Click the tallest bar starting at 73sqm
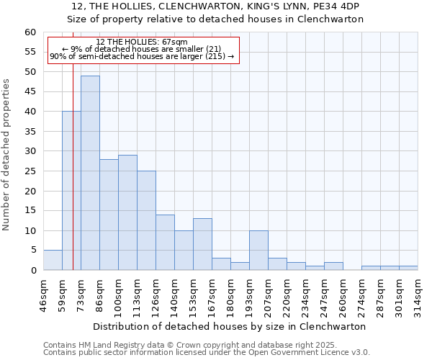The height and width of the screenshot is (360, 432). [90, 173]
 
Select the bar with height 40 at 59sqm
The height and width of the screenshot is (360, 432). [71, 191]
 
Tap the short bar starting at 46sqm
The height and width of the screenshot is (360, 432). [53, 261]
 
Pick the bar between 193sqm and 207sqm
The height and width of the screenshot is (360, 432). [258, 251]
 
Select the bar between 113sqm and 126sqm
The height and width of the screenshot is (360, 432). [146, 220]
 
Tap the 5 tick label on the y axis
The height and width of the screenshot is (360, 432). [33, 251]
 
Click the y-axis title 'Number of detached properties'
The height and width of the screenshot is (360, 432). [7, 156]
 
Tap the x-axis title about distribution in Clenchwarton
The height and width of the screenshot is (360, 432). [230, 326]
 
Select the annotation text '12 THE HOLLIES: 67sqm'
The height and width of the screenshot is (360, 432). [142, 42]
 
